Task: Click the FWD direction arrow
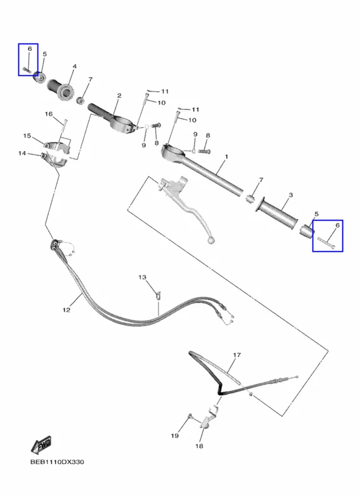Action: click(41, 445)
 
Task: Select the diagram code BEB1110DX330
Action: click(57, 462)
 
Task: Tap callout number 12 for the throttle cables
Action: click(67, 309)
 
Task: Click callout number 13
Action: click(142, 277)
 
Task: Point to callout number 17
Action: click(237, 355)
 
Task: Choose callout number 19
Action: click(175, 436)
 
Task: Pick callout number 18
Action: click(199, 446)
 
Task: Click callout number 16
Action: click(48, 114)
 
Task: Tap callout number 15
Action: click(27, 135)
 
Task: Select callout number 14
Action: click(22, 153)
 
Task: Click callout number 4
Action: click(75, 66)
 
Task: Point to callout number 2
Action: click(119, 96)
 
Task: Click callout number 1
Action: click(226, 157)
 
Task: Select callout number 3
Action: click(291, 195)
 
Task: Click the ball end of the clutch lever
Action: click(211, 241)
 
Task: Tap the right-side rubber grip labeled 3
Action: click(278, 212)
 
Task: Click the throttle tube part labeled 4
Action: click(61, 89)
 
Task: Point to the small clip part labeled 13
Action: click(159, 295)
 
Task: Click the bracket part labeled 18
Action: click(208, 418)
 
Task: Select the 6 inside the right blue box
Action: click(337, 226)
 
